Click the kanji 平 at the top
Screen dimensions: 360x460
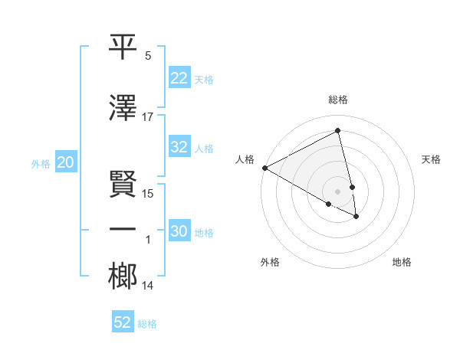(124, 47)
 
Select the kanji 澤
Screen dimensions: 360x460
(124, 108)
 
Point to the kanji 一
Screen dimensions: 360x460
(124, 231)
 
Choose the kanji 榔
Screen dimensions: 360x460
(124, 277)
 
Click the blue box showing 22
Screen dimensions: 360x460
(179, 79)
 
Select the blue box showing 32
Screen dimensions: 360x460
(179, 148)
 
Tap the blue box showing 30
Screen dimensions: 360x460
(179, 232)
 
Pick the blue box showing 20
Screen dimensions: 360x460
(65, 162)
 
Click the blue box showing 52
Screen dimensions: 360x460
(123, 322)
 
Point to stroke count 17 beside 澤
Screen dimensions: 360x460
(148, 117)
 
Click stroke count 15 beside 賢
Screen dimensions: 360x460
(148, 194)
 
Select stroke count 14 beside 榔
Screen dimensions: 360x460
(148, 286)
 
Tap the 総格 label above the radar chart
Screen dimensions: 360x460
(338, 100)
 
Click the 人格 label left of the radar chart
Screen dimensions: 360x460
(245, 159)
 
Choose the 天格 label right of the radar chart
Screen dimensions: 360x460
(432, 159)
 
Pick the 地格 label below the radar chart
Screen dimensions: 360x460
(402, 262)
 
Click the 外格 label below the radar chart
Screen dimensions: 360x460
(270, 262)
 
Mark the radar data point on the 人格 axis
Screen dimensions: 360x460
(264, 168)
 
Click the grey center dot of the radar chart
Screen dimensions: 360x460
(338, 191)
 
